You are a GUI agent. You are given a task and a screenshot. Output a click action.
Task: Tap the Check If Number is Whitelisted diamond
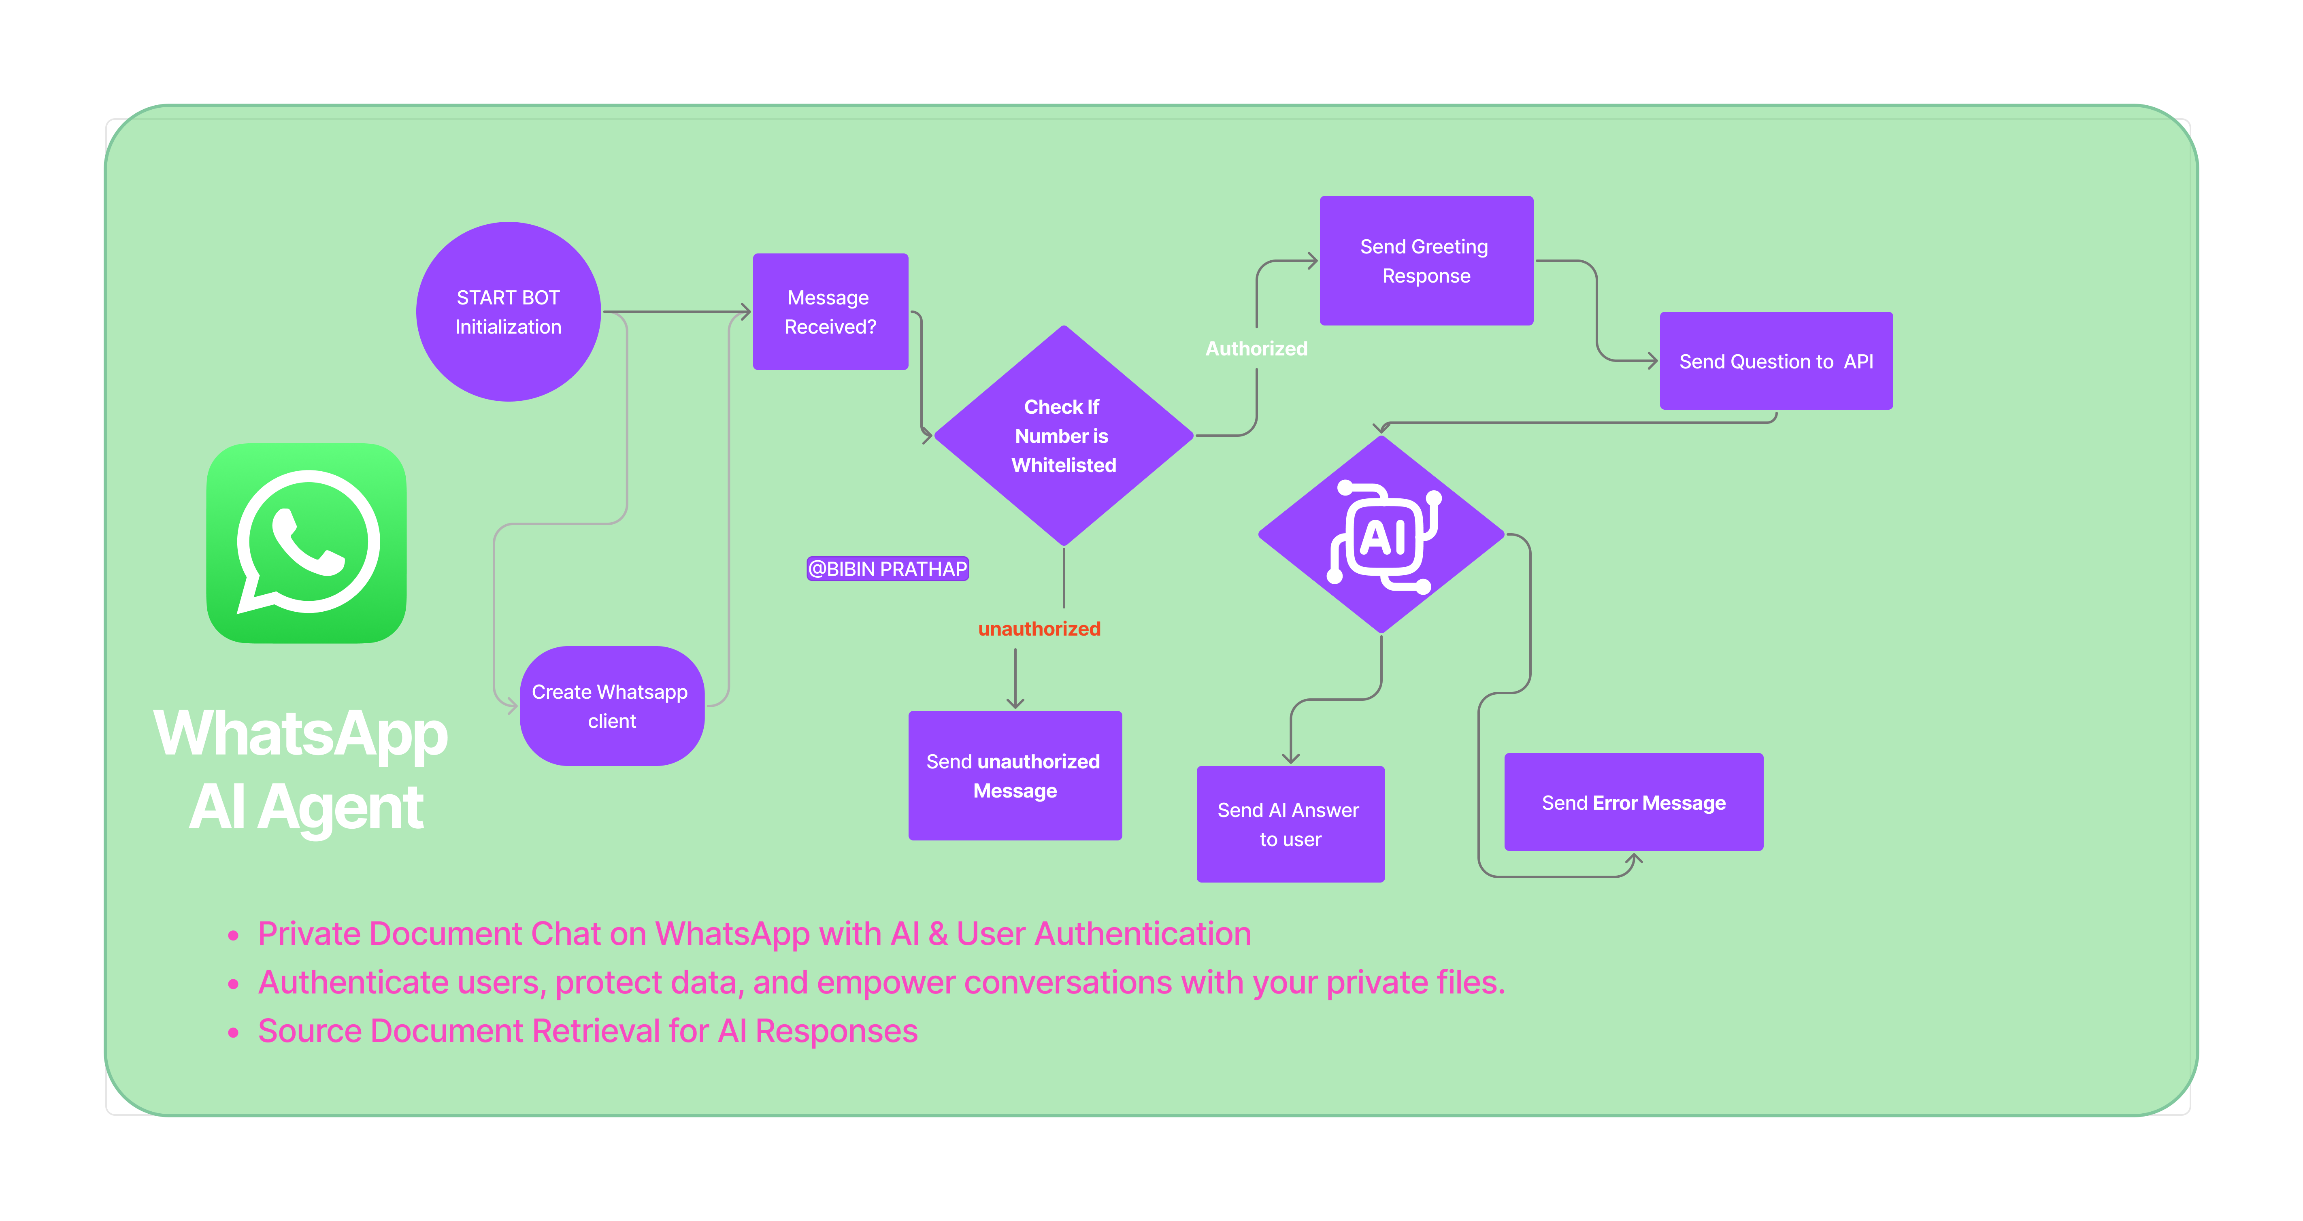click(x=1063, y=435)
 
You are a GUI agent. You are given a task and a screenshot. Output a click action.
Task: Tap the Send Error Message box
click(x=1633, y=802)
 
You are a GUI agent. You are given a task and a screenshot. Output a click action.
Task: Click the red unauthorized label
click(x=1039, y=628)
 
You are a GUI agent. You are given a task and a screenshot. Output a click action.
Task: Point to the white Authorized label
click(x=1256, y=349)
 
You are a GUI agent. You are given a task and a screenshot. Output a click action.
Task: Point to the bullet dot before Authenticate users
click(x=233, y=984)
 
